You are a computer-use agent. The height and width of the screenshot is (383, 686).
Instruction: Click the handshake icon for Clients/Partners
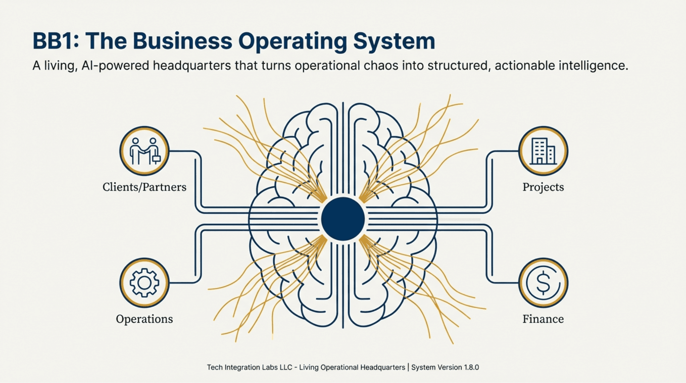pyautogui.click(x=144, y=151)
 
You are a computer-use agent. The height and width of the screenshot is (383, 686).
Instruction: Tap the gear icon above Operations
pyautogui.click(x=144, y=283)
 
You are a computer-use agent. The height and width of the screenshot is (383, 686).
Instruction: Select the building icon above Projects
pyautogui.click(x=543, y=151)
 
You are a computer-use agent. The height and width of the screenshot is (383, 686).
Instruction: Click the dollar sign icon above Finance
pyautogui.click(x=543, y=283)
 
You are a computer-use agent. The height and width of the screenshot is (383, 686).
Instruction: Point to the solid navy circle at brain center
pyautogui.click(x=343, y=219)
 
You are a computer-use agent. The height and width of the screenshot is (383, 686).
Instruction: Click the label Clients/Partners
pyautogui.click(x=144, y=187)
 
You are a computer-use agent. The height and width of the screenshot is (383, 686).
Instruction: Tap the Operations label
pyautogui.click(x=144, y=319)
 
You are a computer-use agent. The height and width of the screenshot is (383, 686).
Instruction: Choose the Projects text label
pyautogui.click(x=543, y=187)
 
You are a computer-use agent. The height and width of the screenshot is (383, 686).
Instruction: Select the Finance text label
pyautogui.click(x=543, y=319)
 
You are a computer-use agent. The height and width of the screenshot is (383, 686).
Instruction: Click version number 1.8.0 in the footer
pyautogui.click(x=471, y=367)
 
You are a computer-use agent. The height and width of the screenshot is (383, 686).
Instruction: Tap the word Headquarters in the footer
pyautogui.click(x=385, y=367)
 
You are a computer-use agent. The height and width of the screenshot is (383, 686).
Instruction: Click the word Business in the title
pyautogui.click(x=182, y=41)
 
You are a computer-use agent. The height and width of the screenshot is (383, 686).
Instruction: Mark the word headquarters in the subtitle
pyautogui.click(x=192, y=66)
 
